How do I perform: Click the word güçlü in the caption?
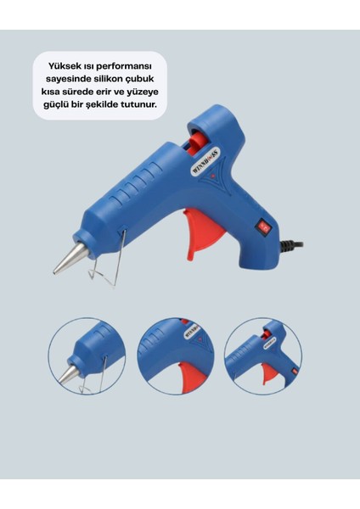tap(54, 106)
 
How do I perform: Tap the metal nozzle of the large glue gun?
tap(70, 257)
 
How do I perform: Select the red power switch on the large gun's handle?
tap(263, 226)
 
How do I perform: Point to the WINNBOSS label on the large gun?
tap(205, 161)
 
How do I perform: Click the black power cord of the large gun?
tap(291, 244)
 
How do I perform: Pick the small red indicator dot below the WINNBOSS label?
tap(213, 176)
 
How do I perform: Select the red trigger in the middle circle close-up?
tap(192, 377)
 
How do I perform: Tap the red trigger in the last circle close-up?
tap(269, 373)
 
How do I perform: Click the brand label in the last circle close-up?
tap(270, 344)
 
